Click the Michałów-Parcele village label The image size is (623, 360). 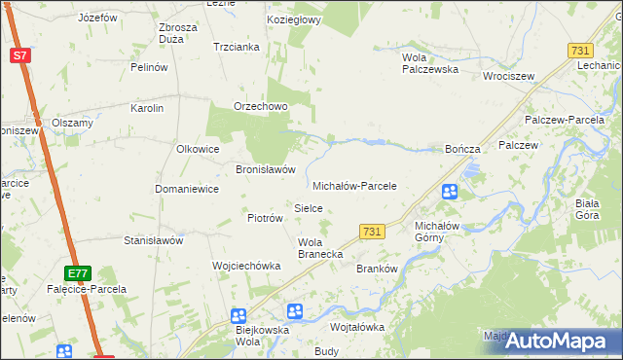pos(354,186)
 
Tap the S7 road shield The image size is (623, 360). pos(20,55)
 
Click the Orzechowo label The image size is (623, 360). pos(258,107)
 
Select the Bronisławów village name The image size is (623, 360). pos(265,169)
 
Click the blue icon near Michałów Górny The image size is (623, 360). pos(450,193)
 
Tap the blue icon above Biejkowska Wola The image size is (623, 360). pos(238,316)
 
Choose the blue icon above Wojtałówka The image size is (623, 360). pos(295,311)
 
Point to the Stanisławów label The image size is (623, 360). pos(154,240)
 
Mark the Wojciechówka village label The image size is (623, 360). pos(246,266)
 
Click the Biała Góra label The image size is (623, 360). pos(586,209)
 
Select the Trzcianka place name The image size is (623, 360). pos(236,47)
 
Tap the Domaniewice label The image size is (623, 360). pos(187,189)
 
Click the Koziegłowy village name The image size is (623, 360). pos(294,19)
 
